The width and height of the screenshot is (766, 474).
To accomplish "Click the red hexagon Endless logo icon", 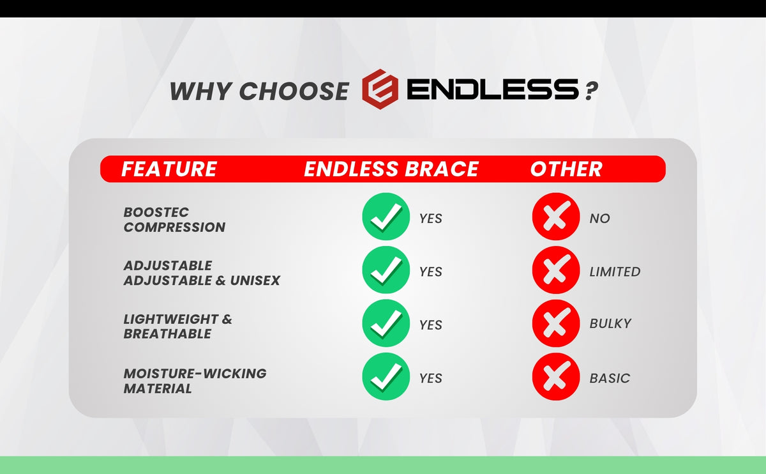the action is click(380, 89).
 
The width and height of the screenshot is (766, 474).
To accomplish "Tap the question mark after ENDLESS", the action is click(591, 90).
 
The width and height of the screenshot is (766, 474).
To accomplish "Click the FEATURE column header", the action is click(169, 169).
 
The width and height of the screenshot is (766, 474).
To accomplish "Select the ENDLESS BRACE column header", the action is click(391, 169).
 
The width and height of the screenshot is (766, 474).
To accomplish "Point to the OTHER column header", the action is click(566, 169).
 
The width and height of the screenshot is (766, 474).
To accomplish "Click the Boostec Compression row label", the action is click(174, 220).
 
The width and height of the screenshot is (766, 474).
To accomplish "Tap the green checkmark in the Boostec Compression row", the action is click(386, 217).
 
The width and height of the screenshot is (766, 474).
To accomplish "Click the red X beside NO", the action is click(556, 217).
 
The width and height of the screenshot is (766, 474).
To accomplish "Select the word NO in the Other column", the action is click(600, 218).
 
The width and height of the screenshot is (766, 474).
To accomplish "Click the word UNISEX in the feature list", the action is click(255, 280).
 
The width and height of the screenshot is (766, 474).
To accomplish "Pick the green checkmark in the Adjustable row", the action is click(386, 270).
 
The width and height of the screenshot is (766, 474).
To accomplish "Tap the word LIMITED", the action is click(615, 271).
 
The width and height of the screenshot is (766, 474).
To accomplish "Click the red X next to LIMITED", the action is click(556, 270).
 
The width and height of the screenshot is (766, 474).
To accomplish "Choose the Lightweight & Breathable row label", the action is click(177, 326).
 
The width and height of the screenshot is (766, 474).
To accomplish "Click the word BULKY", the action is click(610, 323).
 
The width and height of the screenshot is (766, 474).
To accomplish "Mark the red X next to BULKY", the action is click(556, 323).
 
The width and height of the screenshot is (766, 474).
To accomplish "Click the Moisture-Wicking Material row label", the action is click(195, 381).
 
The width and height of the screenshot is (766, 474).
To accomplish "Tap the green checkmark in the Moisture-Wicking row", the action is click(386, 376).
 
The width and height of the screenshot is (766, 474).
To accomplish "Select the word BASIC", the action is click(610, 378).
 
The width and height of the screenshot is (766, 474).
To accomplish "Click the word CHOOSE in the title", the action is click(294, 91).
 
